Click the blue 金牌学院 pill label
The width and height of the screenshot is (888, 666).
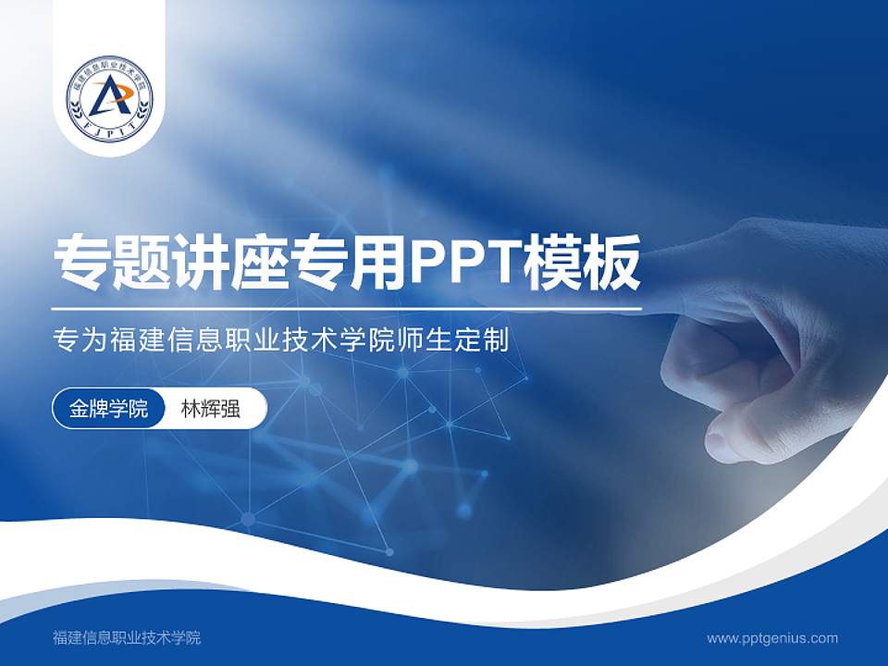tap(108, 409)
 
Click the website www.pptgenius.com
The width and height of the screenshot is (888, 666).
tap(772, 637)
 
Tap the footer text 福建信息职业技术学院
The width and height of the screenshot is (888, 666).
tap(127, 637)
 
